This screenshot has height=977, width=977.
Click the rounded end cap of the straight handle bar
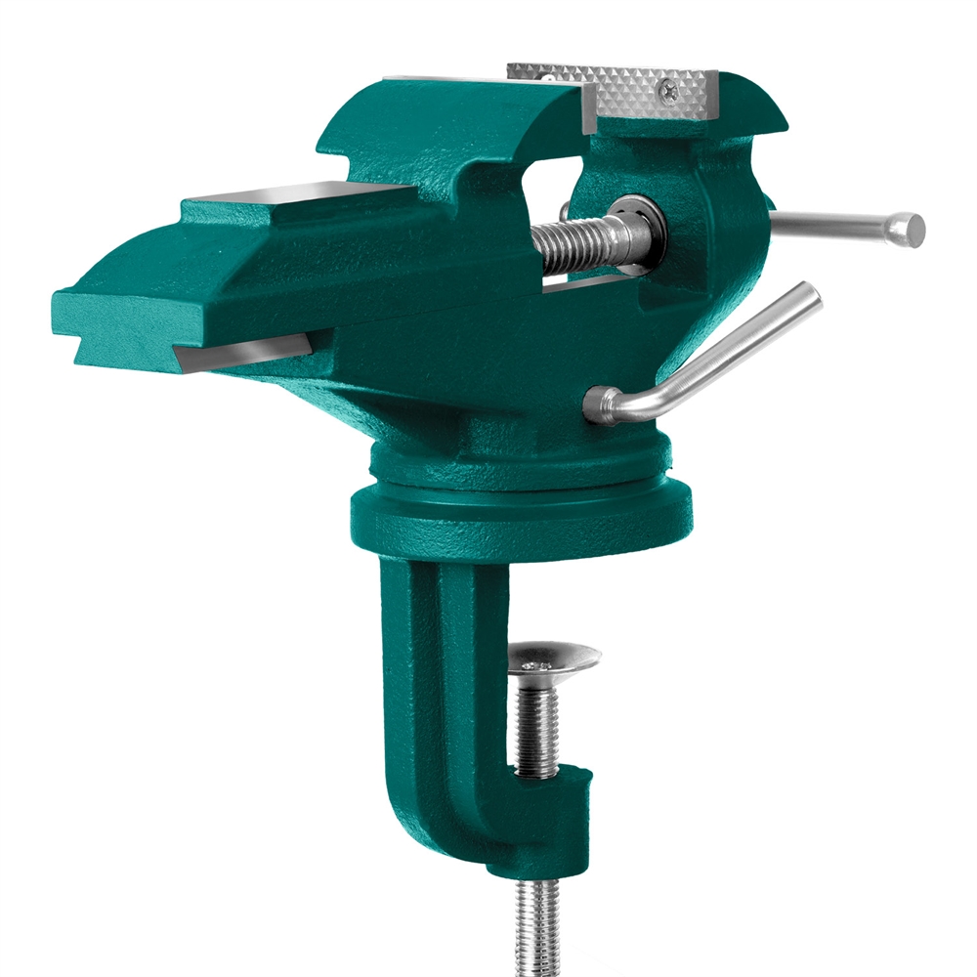[911, 230]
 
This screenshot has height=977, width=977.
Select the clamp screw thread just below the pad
[537, 723]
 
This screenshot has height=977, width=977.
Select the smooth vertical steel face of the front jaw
[590, 107]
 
